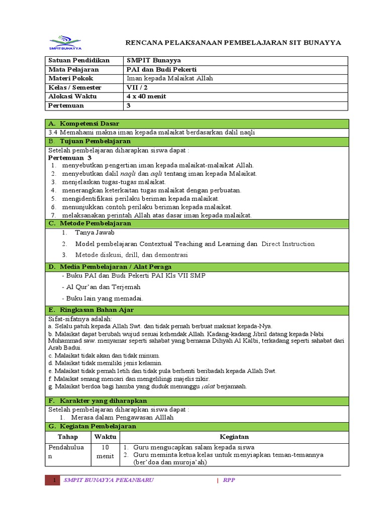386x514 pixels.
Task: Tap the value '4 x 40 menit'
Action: (146, 96)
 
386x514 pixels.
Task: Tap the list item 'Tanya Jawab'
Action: (94, 233)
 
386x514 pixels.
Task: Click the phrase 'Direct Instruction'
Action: (288, 244)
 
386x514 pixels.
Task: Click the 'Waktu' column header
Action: (105, 437)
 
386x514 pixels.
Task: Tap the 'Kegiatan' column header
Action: (234, 437)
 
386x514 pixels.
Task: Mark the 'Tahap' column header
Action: (68, 437)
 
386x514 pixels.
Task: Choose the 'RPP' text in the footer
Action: (229, 480)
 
